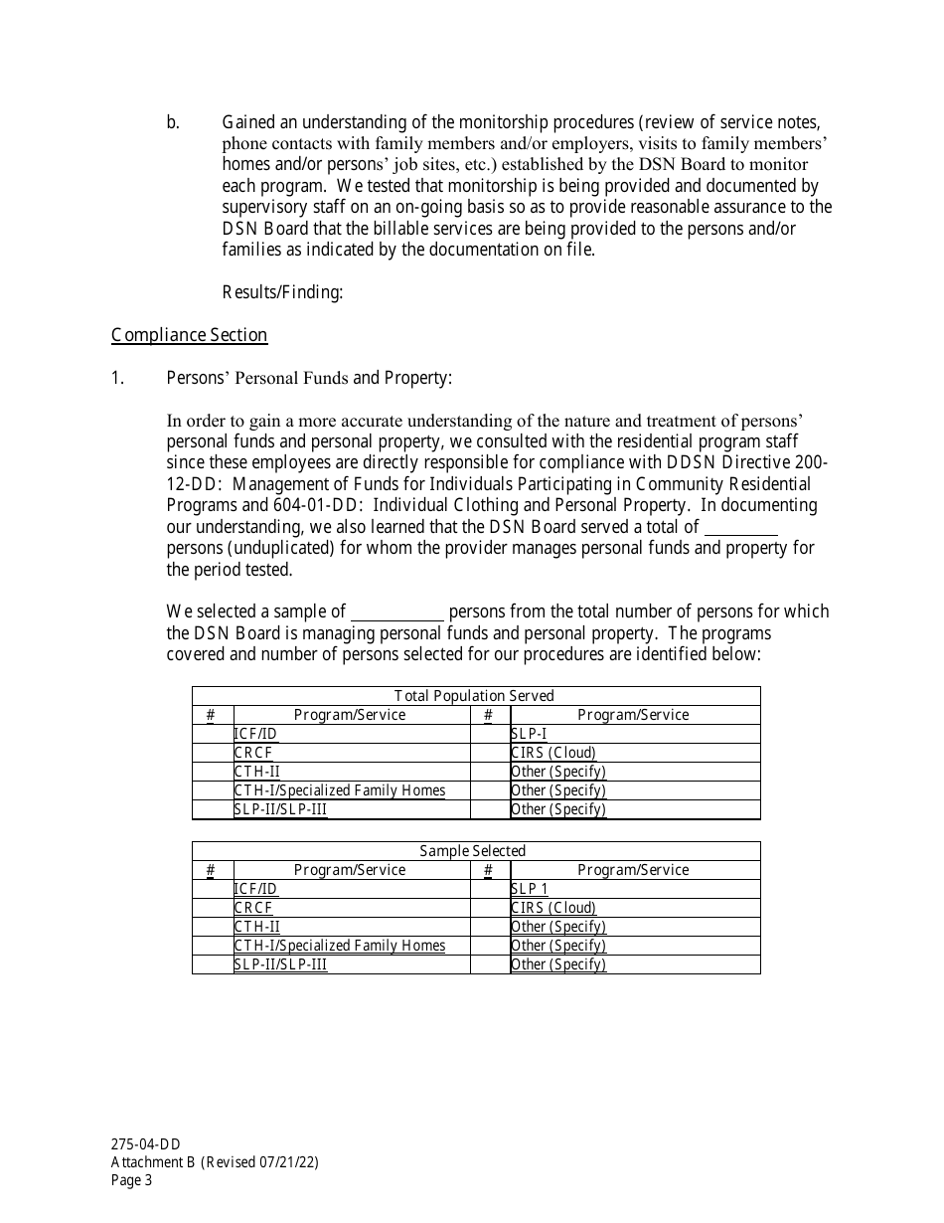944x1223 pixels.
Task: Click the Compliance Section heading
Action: tap(189, 335)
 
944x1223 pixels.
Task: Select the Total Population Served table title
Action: tap(475, 696)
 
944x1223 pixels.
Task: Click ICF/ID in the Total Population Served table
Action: tap(255, 734)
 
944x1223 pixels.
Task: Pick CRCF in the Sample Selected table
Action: tap(253, 908)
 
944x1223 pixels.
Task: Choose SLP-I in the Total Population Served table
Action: tap(529, 734)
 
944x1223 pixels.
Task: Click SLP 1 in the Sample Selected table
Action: tap(530, 889)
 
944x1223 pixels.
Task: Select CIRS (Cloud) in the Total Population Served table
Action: tap(553, 753)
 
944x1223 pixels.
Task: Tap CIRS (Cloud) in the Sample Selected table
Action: tap(553, 908)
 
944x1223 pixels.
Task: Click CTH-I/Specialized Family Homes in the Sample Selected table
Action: tap(340, 946)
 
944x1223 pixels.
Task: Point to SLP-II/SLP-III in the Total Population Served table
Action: tap(280, 809)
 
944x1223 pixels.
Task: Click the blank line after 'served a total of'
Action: tap(740, 528)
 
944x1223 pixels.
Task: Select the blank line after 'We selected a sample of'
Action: tap(397, 612)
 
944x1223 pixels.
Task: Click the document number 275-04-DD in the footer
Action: tap(146, 1144)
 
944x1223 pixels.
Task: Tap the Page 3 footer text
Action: tap(133, 1181)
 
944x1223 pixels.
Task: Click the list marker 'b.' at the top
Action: tap(174, 123)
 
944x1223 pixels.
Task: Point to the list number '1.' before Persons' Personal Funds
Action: tap(117, 378)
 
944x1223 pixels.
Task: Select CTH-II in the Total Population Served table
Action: tap(256, 772)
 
